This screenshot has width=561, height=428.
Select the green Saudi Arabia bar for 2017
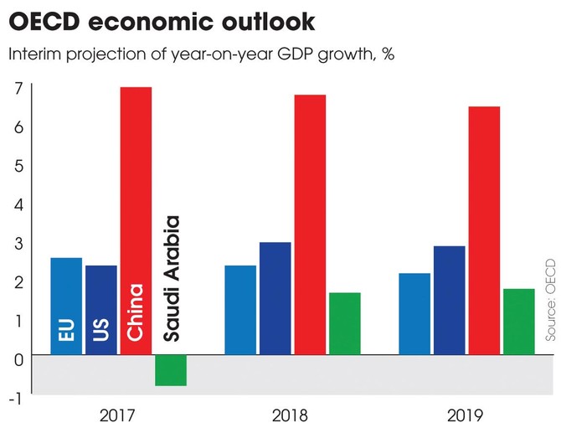[171, 370]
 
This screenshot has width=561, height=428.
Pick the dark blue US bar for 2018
[275, 298]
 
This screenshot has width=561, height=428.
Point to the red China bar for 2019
[483, 230]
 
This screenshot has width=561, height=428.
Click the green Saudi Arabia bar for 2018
[344, 323]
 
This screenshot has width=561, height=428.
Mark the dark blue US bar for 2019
[449, 300]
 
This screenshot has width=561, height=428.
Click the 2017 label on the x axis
[118, 415]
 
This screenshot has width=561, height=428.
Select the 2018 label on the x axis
[291, 415]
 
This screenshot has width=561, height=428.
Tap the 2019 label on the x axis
[466, 415]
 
